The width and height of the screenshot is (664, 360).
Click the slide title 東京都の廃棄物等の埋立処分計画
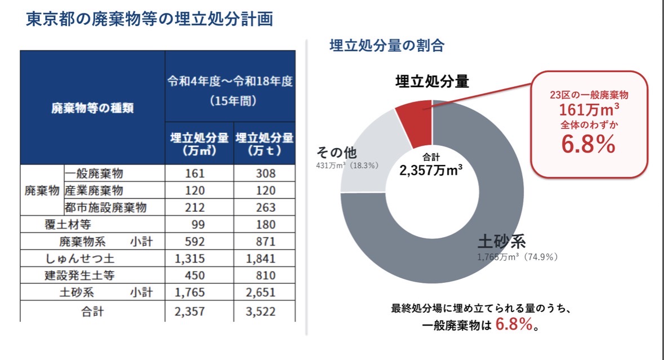pyautogui.click(x=149, y=19)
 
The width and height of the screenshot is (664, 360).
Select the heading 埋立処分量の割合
pyautogui.click(x=387, y=45)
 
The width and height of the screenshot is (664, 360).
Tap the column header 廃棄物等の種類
pyautogui.click(x=92, y=108)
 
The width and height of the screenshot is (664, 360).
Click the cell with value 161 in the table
pyautogui.click(x=195, y=173)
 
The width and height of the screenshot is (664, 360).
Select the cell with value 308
pyautogui.click(x=265, y=173)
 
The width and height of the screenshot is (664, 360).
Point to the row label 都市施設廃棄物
pyautogui.click(x=105, y=207)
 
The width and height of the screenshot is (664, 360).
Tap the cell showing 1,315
pyautogui.click(x=190, y=259)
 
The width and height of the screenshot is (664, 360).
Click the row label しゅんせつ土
pyautogui.click(x=79, y=259)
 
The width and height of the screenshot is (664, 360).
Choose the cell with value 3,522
pyautogui.click(x=260, y=312)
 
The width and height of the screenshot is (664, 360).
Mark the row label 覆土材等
pyautogui.click(x=68, y=224)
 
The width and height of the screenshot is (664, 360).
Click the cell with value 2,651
pyautogui.click(x=260, y=292)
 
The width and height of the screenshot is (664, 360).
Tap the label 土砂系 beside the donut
pyautogui.click(x=502, y=242)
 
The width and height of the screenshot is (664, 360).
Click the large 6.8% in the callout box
pyautogui.click(x=588, y=144)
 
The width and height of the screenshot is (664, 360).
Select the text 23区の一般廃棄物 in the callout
pyautogui.click(x=589, y=95)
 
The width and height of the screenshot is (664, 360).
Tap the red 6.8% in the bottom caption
pyautogui.click(x=514, y=325)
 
